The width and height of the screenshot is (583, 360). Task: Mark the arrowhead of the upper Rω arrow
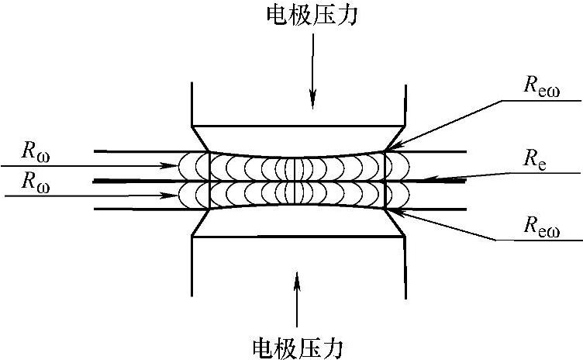tap(177, 165)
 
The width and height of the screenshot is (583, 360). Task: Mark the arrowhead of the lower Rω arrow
tap(177, 195)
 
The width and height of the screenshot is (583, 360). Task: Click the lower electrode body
tap(298, 264)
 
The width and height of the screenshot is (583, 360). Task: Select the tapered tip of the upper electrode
tap(298, 138)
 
